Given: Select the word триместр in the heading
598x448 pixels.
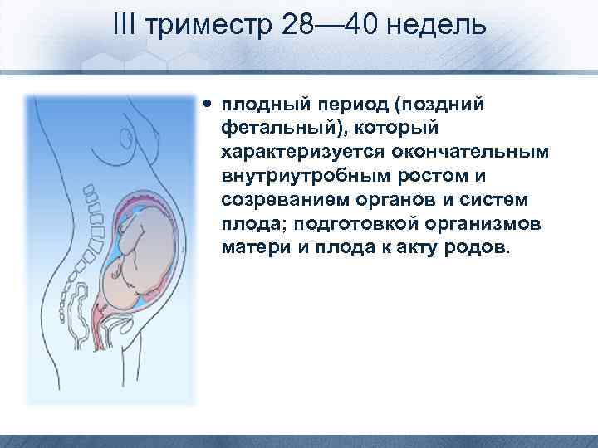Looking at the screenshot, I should (208, 26).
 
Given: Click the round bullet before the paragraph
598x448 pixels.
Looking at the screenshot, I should (207, 106).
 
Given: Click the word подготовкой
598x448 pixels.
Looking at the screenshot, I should (337, 225).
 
